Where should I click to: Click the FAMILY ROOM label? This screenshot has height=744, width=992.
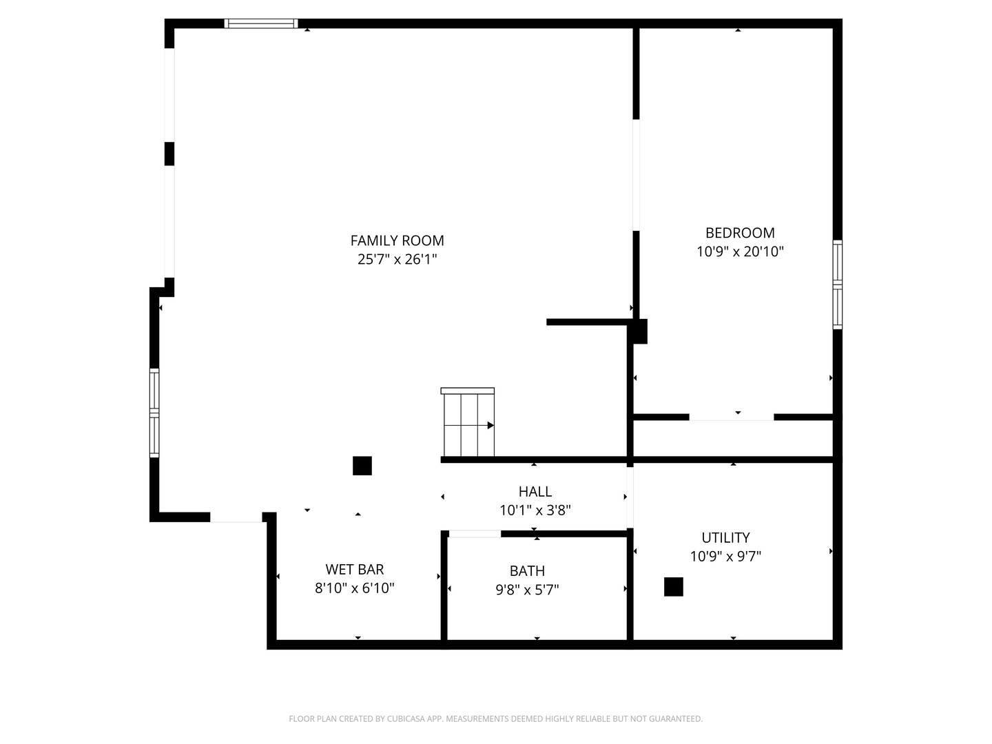(x=397, y=240)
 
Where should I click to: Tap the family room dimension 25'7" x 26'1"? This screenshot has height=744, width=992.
(x=397, y=260)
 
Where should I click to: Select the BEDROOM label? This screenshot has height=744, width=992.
(x=740, y=233)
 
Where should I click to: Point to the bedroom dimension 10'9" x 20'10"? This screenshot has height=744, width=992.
(x=740, y=251)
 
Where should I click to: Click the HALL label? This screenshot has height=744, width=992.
(x=535, y=491)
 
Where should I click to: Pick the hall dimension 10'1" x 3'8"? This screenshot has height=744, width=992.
(x=535, y=510)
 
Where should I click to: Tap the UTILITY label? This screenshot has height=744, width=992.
(x=725, y=537)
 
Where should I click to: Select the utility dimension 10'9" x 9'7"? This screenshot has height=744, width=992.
(x=725, y=556)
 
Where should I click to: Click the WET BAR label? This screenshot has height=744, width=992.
(x=355, y=569)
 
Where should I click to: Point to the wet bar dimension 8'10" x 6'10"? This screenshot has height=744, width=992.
(x=355, y=588)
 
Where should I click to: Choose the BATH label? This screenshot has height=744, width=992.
(x=527, y=570)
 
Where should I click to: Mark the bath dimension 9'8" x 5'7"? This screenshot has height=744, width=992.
(x=527, y=590)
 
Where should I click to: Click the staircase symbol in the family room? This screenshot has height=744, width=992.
(x=468, y=423)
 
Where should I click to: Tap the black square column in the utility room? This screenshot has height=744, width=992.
(x=673, y=587)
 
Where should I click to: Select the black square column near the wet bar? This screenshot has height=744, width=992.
(x=362, y=466)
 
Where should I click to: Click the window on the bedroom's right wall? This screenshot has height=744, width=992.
(x=837, y=284)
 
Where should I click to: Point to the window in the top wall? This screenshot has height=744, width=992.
(x=261, y=23)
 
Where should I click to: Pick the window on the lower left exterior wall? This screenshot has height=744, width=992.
(x=154, y=413)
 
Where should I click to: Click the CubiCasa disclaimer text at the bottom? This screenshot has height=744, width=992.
(x=495, y=719)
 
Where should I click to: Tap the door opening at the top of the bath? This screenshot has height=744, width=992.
(x=475, y=534)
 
